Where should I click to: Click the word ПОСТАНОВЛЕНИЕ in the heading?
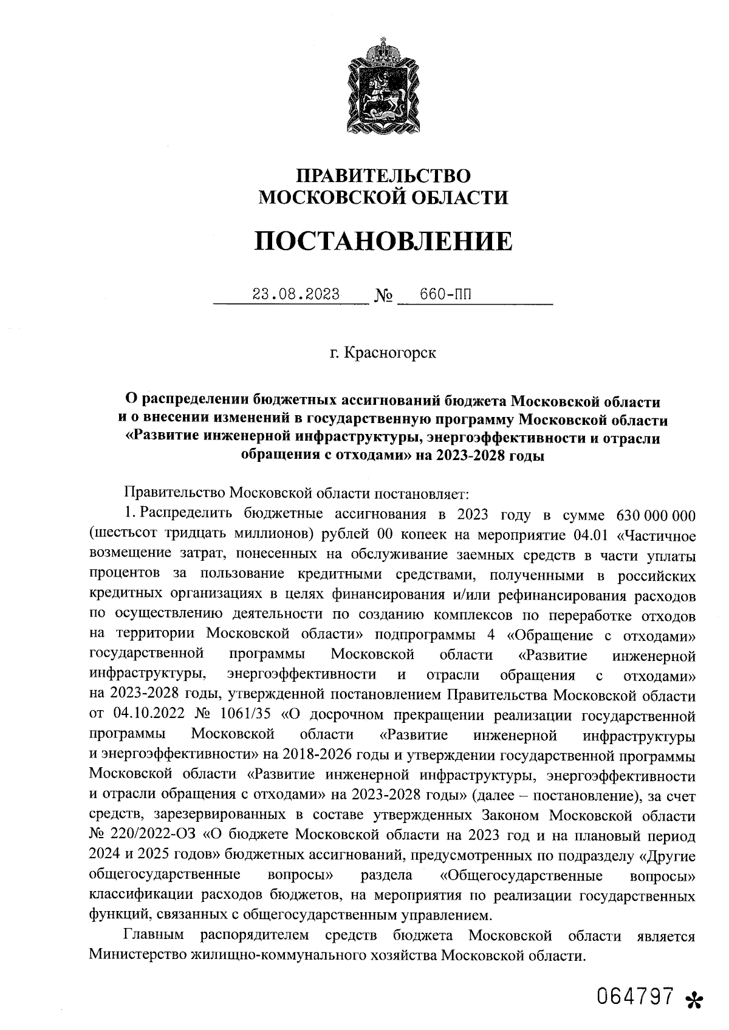coord(383,241)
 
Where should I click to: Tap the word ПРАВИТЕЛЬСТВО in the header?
coord(383,176)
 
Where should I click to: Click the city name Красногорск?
coord(390,353)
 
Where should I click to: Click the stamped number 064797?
coord(635,996)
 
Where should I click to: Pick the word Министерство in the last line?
coord(137,955)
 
